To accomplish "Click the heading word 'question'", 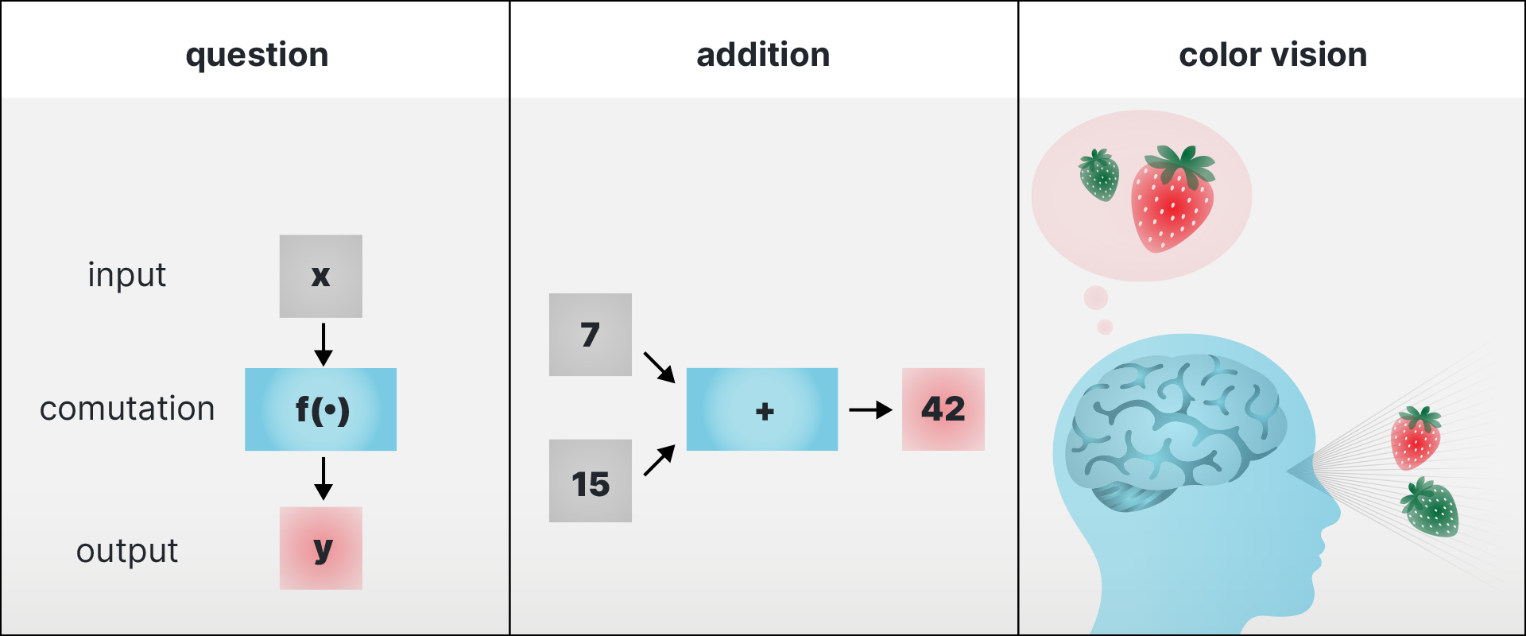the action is click(257, 56).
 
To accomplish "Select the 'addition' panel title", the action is click(763, 55).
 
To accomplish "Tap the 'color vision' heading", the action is click(1272, 55).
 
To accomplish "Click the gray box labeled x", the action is click(321, 276).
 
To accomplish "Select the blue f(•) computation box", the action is click(320, 409).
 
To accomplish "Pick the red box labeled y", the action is click(321, 548).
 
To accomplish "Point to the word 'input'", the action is click(127, 275).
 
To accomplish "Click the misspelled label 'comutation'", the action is click(127, 409).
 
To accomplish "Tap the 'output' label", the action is click(127, 551).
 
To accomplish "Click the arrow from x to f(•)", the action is click(323, 344).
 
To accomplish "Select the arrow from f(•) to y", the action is click(323, 479).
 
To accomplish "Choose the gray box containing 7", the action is click(591, 335).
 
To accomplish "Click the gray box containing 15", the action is click(591, 481).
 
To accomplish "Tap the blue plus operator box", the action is click(762, 409).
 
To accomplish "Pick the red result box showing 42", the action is click(943, 409).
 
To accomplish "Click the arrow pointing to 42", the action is click(870, 410).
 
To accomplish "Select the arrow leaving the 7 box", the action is click(659, 367).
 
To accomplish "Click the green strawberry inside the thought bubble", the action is click(1099, 175).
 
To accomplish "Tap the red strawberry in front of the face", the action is click(1416, 438).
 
